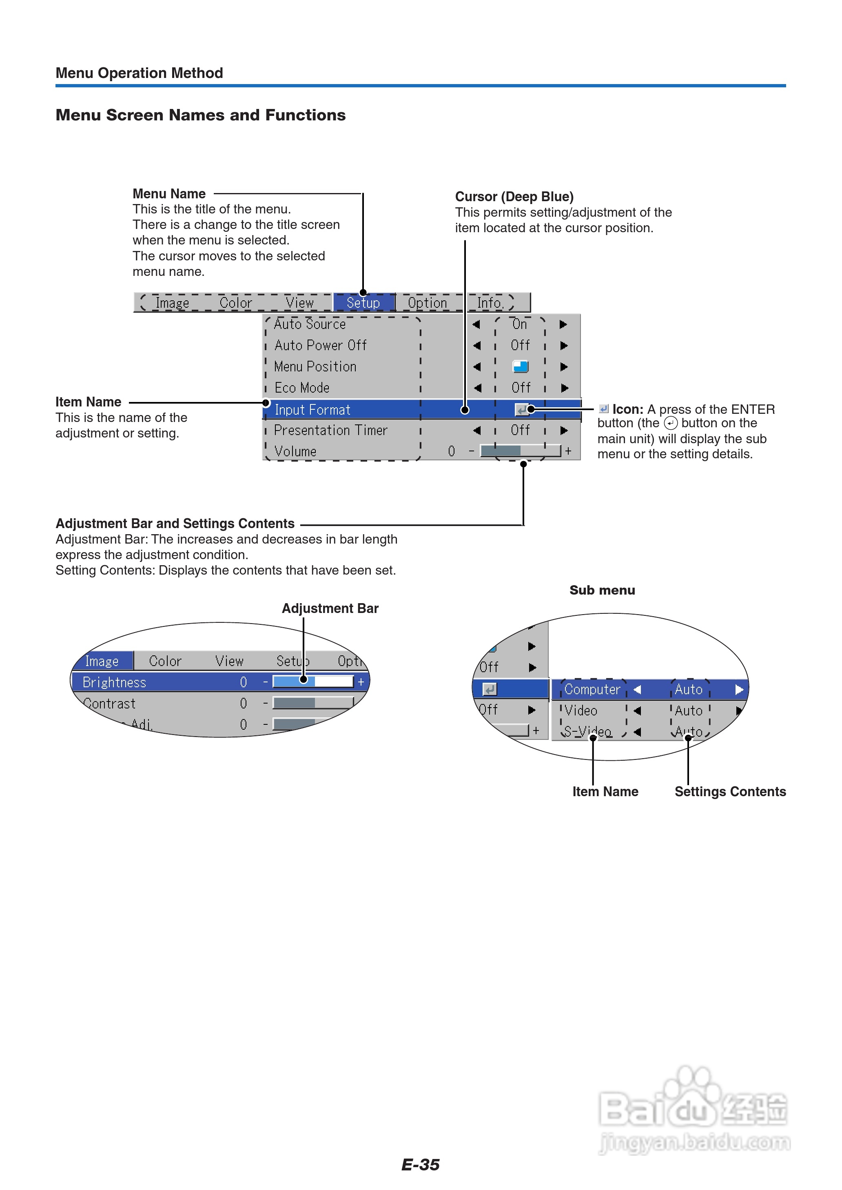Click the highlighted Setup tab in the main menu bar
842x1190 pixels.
tap(363, 303)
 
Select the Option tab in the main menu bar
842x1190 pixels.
tap(427, 303)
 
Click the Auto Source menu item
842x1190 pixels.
tap(310, 324)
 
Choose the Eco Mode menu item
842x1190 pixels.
tap(302, 388)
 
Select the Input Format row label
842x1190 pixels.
tap(312, 410)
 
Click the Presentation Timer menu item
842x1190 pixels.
tap(330, 431)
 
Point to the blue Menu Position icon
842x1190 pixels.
tap(520, 366)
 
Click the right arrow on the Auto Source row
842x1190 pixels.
tap(564, 324)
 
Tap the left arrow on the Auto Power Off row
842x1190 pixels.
tap(477, 345)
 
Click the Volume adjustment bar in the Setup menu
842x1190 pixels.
tap(520, 451)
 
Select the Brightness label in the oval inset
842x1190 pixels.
tap(114, 682)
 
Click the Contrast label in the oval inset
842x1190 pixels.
tap(109, 704)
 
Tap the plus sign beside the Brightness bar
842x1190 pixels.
tap(361, 682)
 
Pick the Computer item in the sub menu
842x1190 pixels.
tap(592, 690)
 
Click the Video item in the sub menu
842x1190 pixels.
tap(581, 711)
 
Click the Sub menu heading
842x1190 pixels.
tap(602, 590)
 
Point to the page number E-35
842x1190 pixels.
tap(421, 1165)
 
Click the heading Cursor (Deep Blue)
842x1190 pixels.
tap(514, 197)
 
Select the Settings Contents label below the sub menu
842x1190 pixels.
tap(730, 792)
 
